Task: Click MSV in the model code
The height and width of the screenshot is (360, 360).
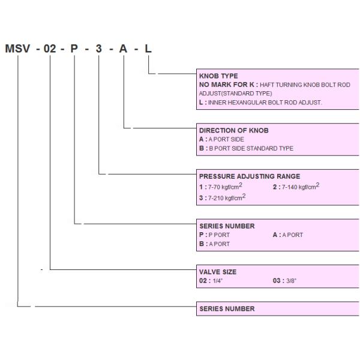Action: [17, 49]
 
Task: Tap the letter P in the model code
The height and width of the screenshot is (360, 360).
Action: [74, 49]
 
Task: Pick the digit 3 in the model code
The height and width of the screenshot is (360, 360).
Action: [99, 49]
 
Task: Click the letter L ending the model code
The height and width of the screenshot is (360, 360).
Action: [148, 49]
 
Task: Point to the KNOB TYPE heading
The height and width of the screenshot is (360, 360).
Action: [218, 76]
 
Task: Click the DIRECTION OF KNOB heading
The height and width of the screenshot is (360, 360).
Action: [233, 130]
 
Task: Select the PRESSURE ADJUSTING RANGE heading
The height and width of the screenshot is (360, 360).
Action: [249, 176]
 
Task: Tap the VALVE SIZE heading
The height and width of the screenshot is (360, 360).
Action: [217, 272]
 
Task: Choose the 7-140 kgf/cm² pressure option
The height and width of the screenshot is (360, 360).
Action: [299, 187]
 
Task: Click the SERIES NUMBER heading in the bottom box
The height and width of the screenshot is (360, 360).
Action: [227, 309]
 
